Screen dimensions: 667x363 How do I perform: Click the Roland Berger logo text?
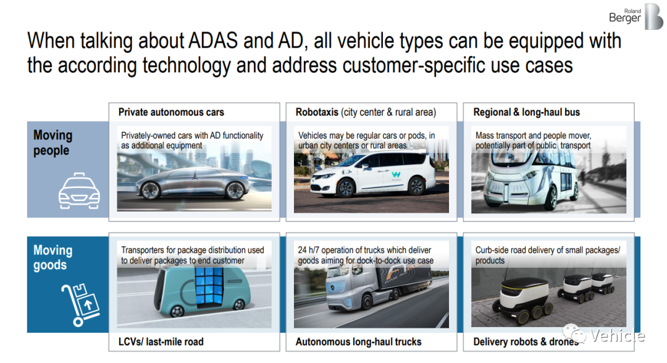point(624,15)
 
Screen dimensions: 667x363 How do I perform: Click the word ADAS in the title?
point(212,41)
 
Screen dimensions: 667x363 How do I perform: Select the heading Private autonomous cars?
point(171,112)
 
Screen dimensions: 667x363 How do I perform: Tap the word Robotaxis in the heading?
point(317,112)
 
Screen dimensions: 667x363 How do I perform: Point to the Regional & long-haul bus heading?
point(527,112)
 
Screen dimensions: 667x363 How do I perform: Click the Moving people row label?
point(52,143)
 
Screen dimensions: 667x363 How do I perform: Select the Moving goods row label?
point(52,257)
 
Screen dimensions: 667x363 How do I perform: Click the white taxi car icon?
point(79,191)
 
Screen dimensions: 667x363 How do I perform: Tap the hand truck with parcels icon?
point(80,305)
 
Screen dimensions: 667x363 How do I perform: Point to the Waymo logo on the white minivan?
point(396,174)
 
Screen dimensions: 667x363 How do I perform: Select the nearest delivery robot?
point(522,301)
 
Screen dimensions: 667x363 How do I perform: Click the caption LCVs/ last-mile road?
point(161,342)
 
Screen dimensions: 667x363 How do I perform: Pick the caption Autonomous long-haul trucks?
point(359,342)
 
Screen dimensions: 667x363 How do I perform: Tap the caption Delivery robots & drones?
point(527,342)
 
